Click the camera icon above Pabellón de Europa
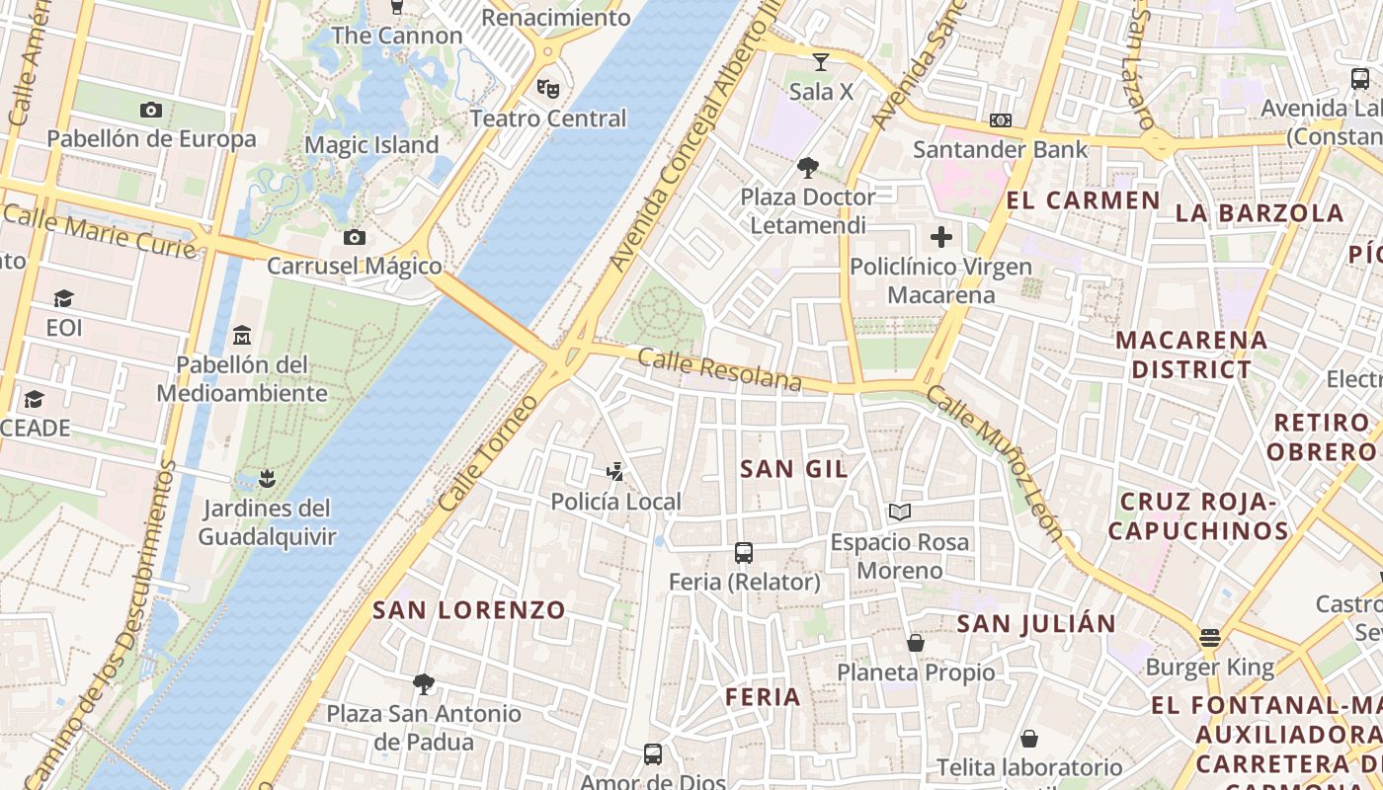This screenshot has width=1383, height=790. [151, 110]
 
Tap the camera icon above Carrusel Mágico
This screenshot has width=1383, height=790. [354, 237]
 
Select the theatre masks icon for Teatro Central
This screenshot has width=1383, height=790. [548, 89]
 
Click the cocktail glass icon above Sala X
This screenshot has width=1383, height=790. [821, 63]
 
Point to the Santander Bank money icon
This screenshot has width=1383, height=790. [1000, 120]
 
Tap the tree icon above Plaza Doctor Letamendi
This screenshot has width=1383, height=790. [808, 167]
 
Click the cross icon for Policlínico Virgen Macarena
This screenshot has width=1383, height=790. [941, 237]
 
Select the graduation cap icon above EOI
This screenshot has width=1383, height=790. [64, 298]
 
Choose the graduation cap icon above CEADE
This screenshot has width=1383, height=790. [35, 399]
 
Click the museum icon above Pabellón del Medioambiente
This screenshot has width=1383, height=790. [242, 336]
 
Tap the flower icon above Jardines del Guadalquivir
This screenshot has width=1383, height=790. [266, 479]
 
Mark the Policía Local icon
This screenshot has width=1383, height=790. [615, 472]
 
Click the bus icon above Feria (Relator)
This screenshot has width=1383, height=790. [744, 553]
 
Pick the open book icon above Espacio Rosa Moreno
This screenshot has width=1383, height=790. [899, 512]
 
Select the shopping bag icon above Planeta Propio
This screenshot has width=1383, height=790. [916, 643]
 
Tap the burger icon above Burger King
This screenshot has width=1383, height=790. [1210, 638]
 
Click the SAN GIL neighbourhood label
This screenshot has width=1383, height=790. [794, 469]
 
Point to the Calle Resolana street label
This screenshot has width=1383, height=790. [719, 369]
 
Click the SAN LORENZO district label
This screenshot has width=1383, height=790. [468, 609]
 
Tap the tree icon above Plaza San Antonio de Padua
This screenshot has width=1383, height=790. [424, 683]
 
